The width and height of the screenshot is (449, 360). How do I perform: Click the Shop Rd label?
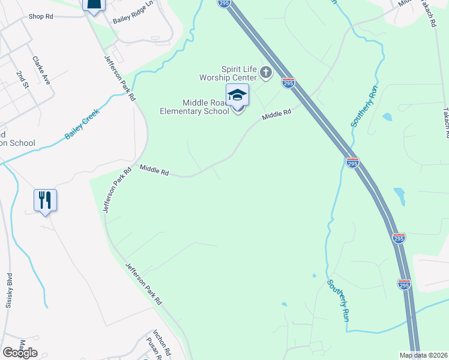40,17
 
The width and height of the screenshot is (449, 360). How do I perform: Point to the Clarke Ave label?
40,69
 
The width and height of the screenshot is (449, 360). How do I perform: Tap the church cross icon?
265,74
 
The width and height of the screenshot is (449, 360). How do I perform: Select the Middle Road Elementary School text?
194,106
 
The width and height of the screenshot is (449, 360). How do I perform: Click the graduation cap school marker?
237,96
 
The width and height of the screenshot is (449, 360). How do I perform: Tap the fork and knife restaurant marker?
45,200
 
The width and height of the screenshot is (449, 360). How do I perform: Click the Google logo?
20,353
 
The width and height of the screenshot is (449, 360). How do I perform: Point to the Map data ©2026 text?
424,355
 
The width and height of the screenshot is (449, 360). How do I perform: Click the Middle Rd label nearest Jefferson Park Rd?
154,171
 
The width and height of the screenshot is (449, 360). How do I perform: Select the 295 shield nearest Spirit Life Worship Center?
288,83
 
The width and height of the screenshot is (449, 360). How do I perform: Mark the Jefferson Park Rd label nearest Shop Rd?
119,78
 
